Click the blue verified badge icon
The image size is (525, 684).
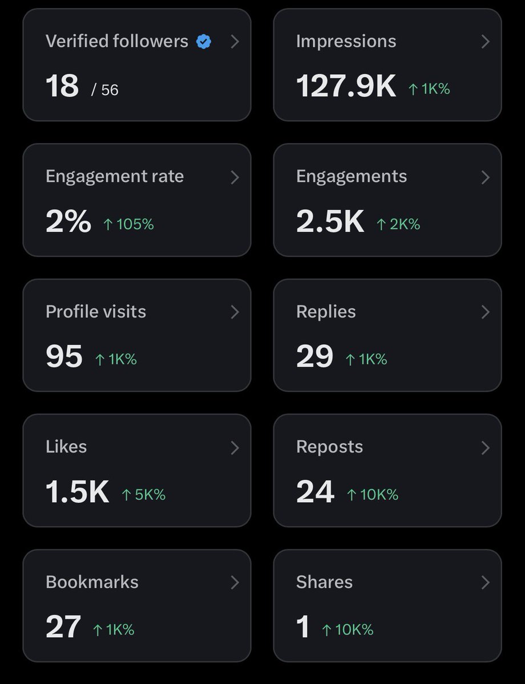pyautogui.click(x=204, y=42)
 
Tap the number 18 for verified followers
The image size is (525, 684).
pyautogui.click(x=62, y=87)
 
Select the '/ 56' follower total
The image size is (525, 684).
pyautogui.click(x=104, y=89)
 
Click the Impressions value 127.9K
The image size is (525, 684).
pyautogui.click(x=346, y=87)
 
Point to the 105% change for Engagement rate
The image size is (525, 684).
pyautogui.click(x=129, y=225)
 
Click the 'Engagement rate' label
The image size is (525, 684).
pyautogui.click(x=115, y=177)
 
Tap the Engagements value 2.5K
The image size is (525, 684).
pyautogui.click(x=330, y=222)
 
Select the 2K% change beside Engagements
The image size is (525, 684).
pyautogui.click(x=398, y=225)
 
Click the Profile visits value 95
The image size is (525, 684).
pyautogui.click(x=64, y=357)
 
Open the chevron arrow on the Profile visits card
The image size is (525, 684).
pyautogui.click(x=235, y=312)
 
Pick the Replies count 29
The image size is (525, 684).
pyautogui.click(x=314, y=357)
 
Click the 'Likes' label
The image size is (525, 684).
pyautogui.click(x=66, y=447)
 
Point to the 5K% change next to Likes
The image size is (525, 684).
pyautogui.click(x=144, y=495)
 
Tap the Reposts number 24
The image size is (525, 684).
pyautogui.click(x=315, y=492)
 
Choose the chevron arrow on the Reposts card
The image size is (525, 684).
pyautogui.click(x=485, y=447)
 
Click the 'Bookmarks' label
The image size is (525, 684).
pyautogui.click(x=92, y=582)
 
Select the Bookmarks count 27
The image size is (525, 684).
pyautogui.click(x=63, y=627)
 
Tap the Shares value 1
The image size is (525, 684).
pyautogui.click(x=303, y=627)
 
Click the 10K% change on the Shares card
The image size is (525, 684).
pyautogui.click(x=348, y=630)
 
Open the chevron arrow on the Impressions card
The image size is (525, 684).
pyautogui.click(x=485, y=42)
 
